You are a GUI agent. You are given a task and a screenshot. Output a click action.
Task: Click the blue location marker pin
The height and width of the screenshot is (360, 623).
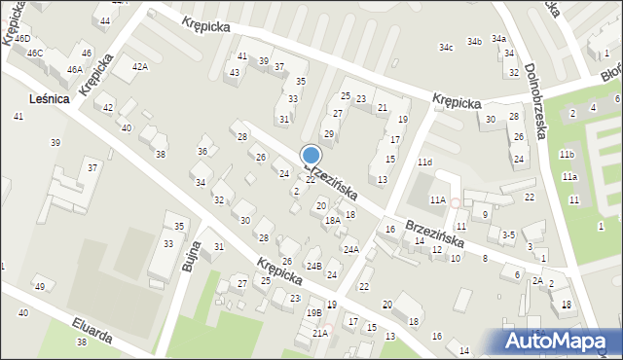(x=311, y=156)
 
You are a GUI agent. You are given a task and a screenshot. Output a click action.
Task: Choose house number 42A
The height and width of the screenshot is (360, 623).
(x=140, y=66)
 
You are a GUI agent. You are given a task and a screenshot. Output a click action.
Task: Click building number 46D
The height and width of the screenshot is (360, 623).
(x=21, y=39)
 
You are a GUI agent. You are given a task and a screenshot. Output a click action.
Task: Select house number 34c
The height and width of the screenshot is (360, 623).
(x=446, y=47)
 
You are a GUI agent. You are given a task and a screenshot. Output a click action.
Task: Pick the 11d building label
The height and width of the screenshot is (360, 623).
(x=424, y=162)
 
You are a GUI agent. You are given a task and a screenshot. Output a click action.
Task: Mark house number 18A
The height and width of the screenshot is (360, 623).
(x=332, y=221)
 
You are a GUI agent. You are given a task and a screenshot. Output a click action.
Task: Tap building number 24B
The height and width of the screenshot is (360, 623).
(x=313, y=266)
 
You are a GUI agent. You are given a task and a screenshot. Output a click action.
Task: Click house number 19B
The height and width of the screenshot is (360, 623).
(x=313, y=312)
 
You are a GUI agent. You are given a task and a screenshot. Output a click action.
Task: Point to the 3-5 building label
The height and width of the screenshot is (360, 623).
(x=507, y=234)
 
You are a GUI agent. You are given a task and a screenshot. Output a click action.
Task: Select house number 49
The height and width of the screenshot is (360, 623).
(x=39, y=287)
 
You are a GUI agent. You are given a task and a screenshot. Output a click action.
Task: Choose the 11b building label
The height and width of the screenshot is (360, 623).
(x=567, y=155)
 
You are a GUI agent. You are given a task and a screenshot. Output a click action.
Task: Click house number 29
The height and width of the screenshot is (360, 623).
(x=329, y=133)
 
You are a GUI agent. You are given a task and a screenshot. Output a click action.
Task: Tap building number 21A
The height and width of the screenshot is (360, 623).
(x=319, y=333)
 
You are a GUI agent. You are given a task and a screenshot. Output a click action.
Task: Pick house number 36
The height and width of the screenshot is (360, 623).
(x=202, y=151)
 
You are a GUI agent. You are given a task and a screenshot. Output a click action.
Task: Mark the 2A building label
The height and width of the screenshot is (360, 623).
(x=537, y=280)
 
